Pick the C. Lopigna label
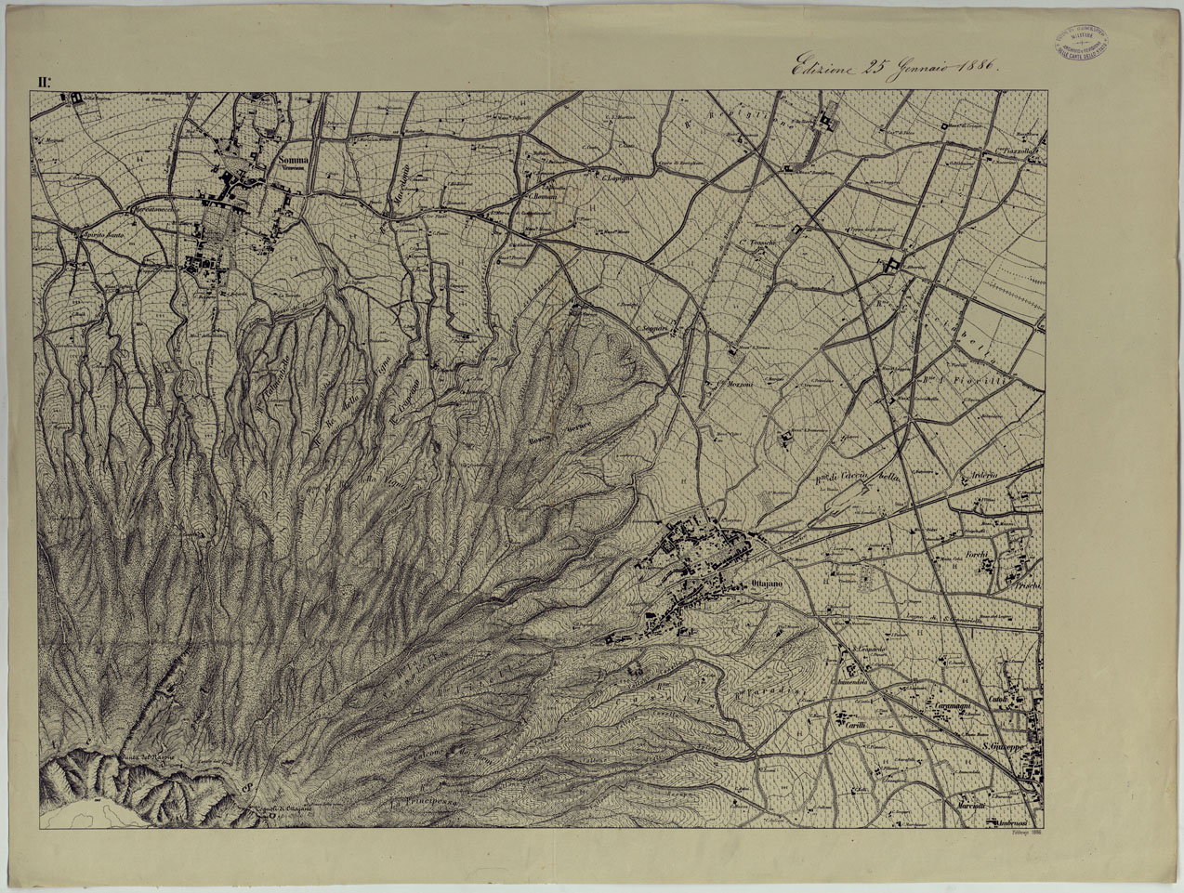click(x=613, y=176)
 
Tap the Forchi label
click(x=976, y=556)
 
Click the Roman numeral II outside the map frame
click(x=44, y=82)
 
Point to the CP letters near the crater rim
click(x=247, y=790)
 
